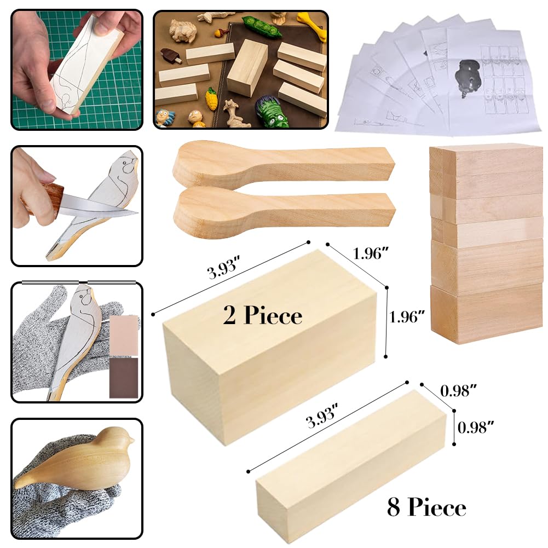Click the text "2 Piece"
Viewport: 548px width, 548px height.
(x=262, y=315)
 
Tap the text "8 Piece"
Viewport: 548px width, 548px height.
(x=426, y=507)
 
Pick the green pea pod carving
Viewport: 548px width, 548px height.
(x=262, y=28)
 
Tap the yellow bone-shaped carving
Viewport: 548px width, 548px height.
(x=313, y=24)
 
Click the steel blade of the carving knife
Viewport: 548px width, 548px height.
(x=104, y=207)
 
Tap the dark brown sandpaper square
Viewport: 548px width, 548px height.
(x=124, y=377)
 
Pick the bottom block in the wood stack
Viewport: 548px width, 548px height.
(x=487, y=316)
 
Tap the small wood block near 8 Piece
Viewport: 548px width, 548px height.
(x=350, y=465)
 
